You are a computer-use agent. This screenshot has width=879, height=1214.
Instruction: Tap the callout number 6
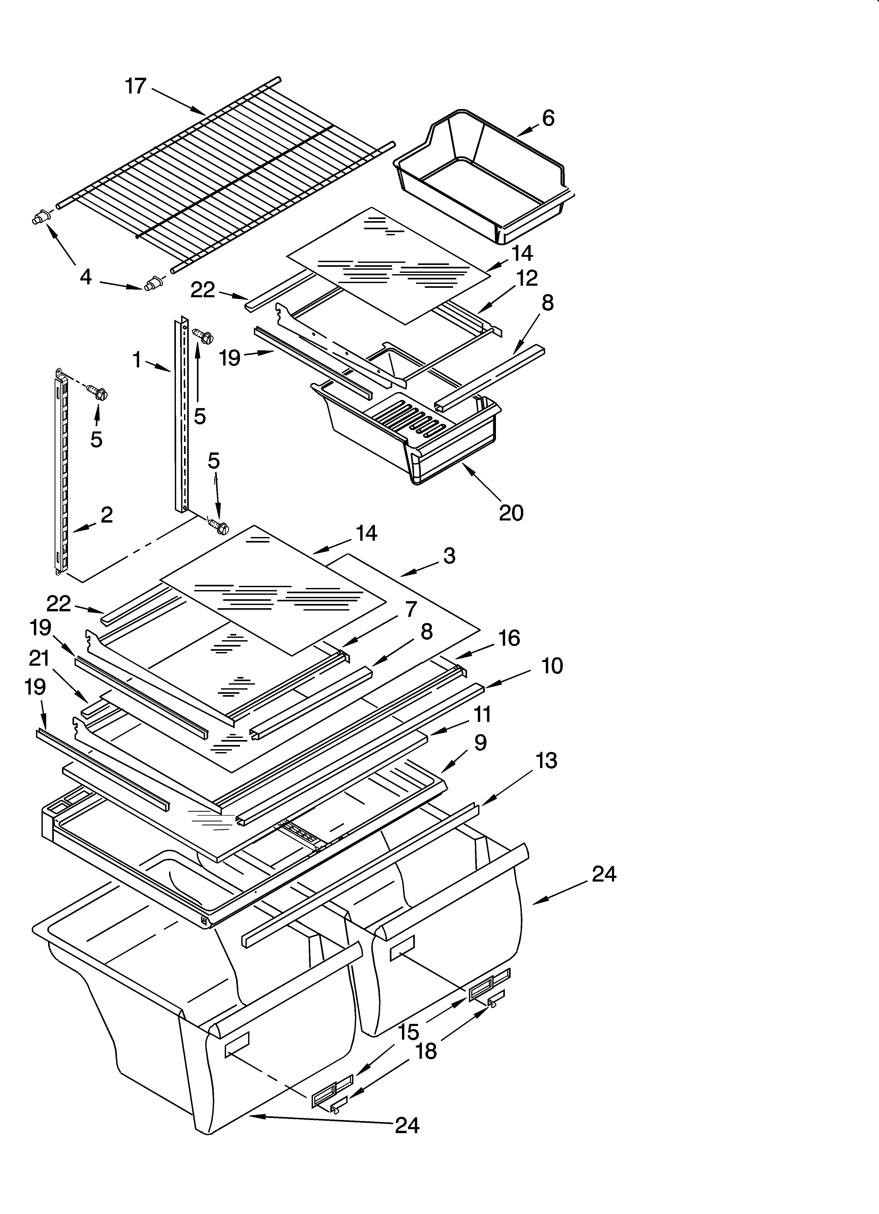point(548,118)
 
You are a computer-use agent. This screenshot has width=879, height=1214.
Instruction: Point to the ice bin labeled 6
point(482,177)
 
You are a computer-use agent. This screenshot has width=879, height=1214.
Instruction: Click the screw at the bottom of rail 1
point(219,527)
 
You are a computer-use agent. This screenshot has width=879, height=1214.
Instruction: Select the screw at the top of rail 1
point(203,336)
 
